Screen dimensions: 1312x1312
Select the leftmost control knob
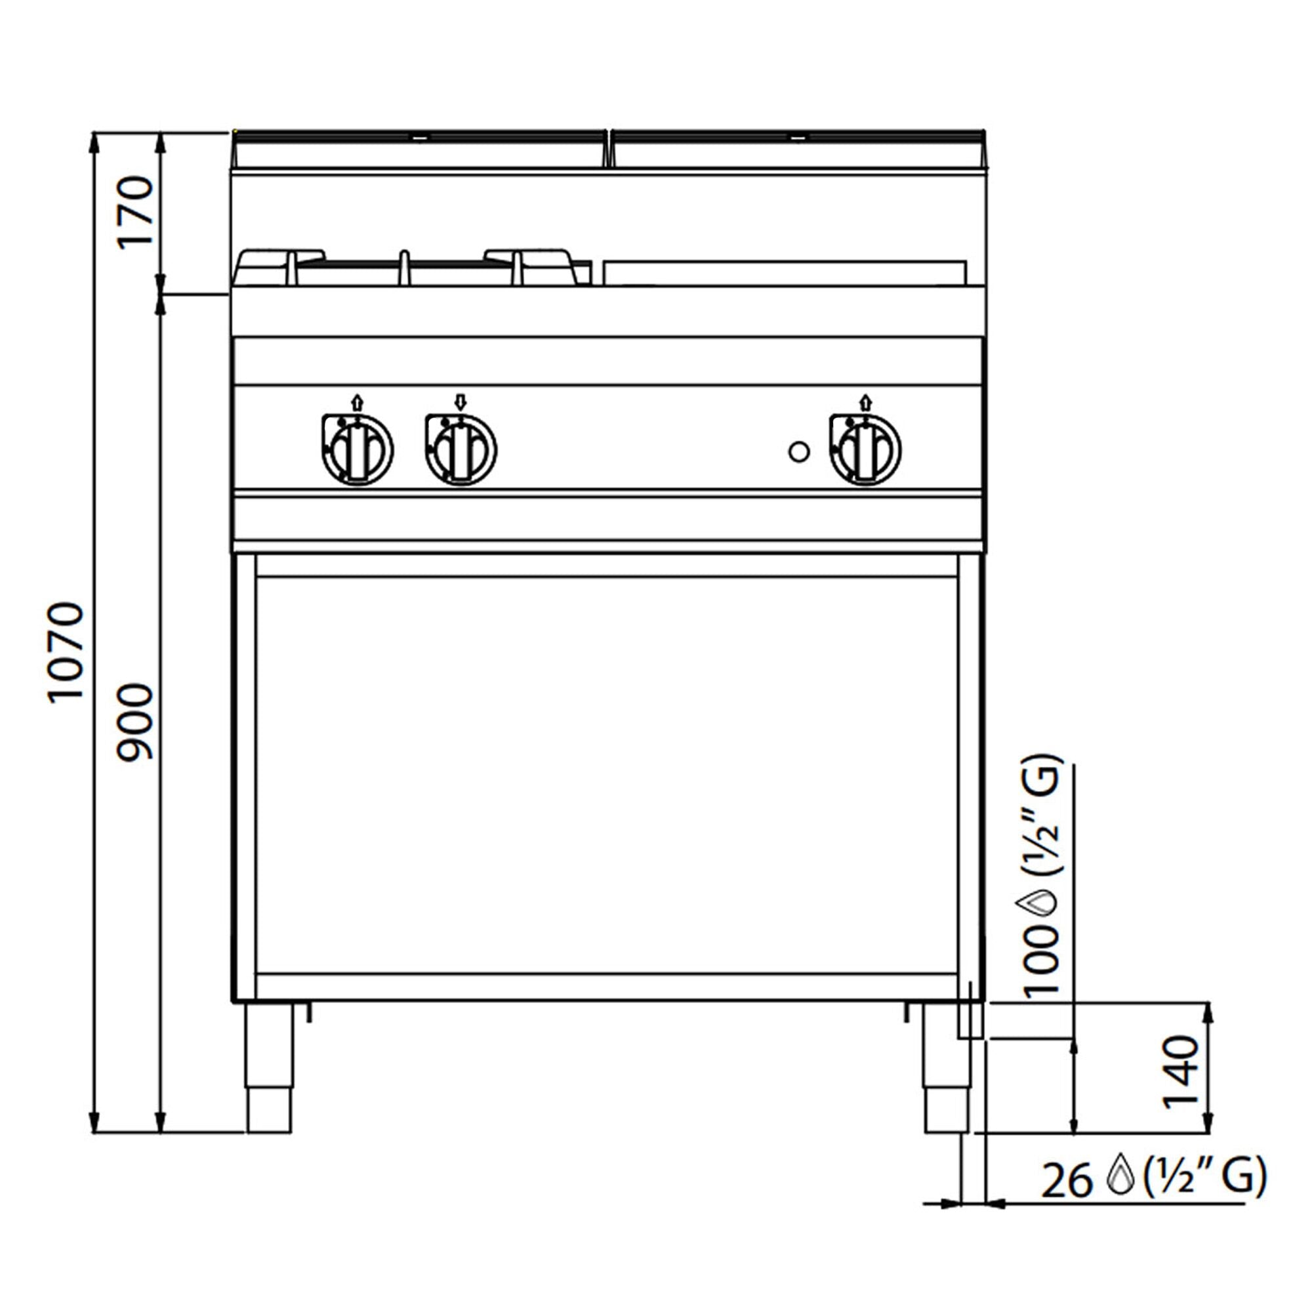pyautogui.click(x=358, y=449)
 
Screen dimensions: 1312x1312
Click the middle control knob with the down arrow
pyautogui.click(x=461, y=449)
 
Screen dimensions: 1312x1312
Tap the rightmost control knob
pyautogui.click(x=865, y=449)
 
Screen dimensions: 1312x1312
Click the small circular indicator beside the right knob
pyautogui.click(x=798, y=451)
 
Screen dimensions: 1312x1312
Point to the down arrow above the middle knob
pyautogui.click(x=461, y=402)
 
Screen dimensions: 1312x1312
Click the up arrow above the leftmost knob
pyautogui.click(x=358, y=402)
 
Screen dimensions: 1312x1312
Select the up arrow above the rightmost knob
pyautogui.click(x=865, y=402)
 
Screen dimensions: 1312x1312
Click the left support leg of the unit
pyautogui.click(x=270, y=1066)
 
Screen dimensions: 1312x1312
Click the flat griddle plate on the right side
pyautogui.click(x=785, y=272)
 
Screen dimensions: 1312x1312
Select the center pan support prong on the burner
pyautogui.click(x=405, y=268)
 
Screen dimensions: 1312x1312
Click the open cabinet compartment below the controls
pyautogui.click(x=608, y=774)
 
